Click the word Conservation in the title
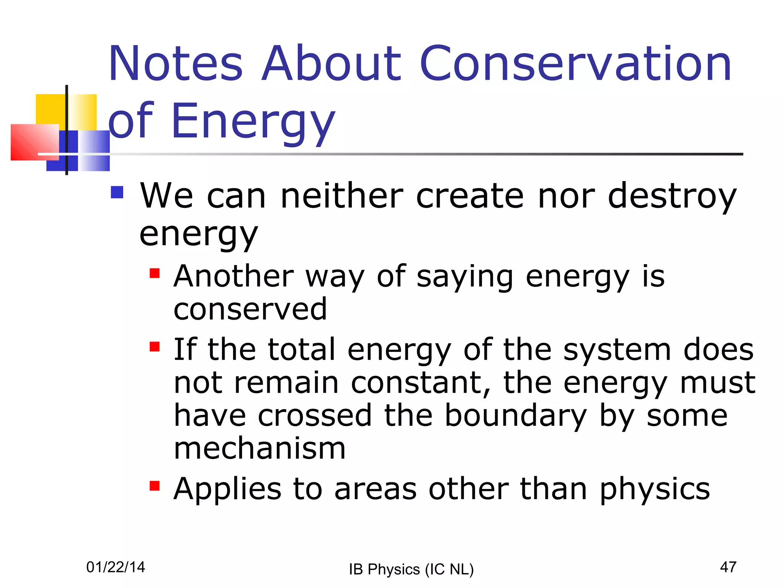(x=575, y=64)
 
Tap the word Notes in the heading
(x=175, y=64)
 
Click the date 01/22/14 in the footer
(x=116, y=567)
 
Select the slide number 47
(x=728, y=567)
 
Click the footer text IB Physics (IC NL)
(x=411, y=569)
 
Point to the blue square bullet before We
(x=117, y=192)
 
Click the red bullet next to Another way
(x=154, y=273)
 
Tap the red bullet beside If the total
(x=154, y=346)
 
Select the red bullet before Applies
(x=154, y=486)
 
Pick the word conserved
(x=250, y=309)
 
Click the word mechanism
(x=260, y=448)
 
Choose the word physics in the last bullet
(x=655, y=490)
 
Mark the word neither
(x=341, y=196)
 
